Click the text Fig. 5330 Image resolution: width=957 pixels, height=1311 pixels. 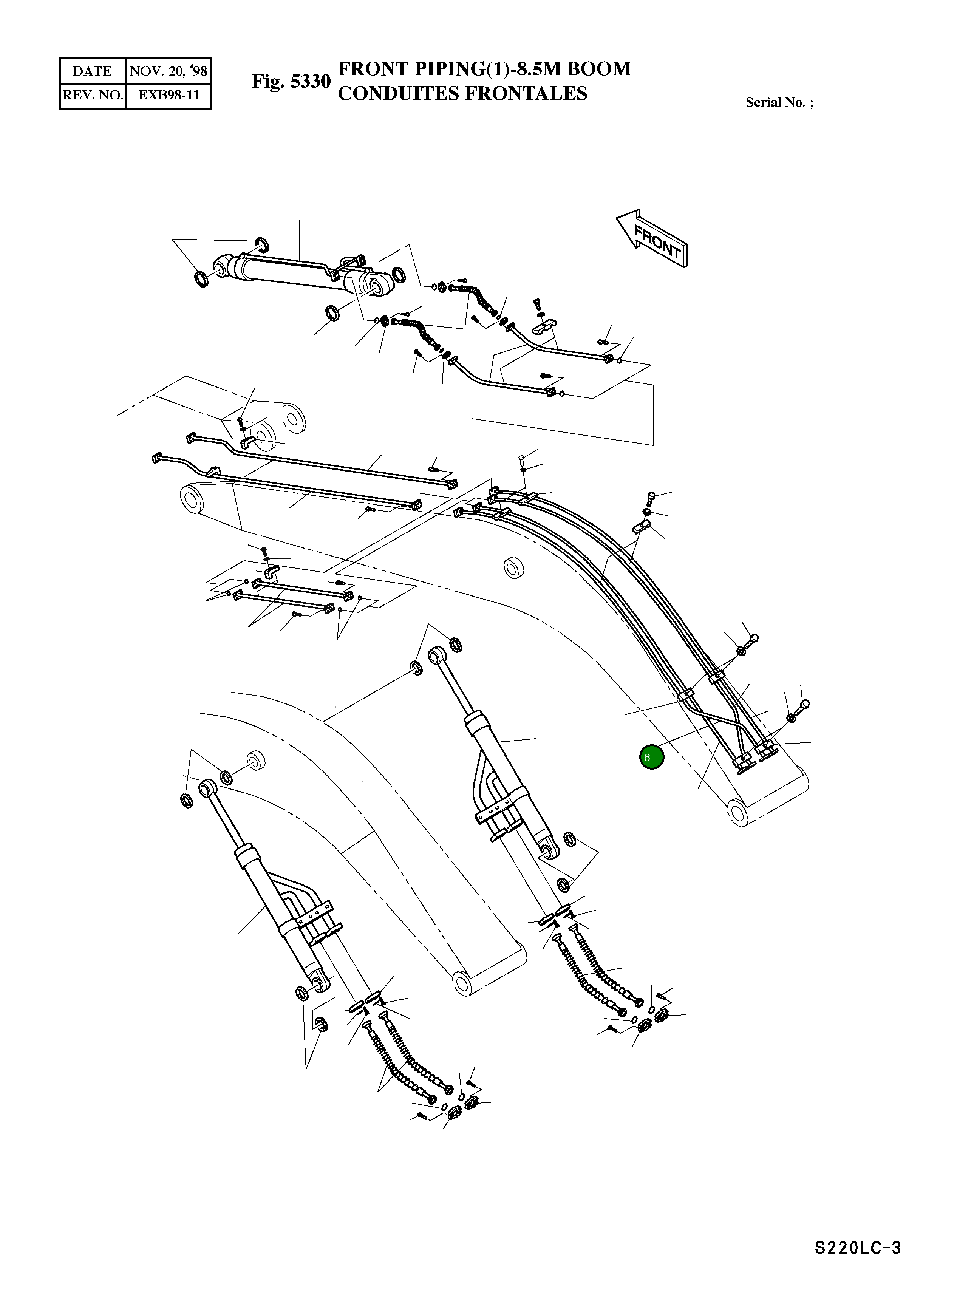pyautogui.click(x=291, y=81)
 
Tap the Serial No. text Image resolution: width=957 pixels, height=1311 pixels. pyautogui.click(x=779, y=102)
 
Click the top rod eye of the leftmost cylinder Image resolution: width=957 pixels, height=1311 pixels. pyautogui.click(x=207, y=787)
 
